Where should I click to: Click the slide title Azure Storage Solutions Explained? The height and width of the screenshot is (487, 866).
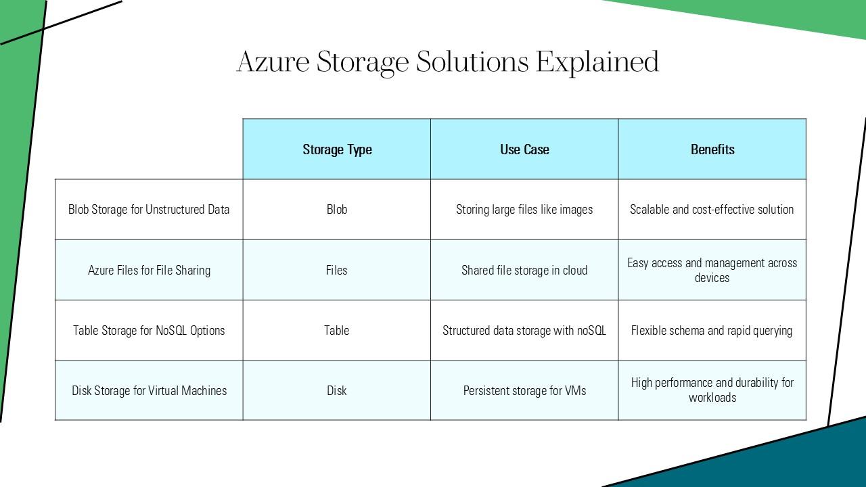tap(447, 62)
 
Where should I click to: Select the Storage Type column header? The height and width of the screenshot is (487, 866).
tap(337, 149)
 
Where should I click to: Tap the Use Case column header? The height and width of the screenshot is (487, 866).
tap(524, 149)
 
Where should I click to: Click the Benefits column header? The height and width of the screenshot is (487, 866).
tap(712, 149)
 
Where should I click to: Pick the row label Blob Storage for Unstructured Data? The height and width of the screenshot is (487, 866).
tap(149, 210)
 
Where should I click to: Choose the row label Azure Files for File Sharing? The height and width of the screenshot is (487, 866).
tap(149, 270)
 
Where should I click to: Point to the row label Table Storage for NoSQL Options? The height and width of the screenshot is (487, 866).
tap(149, 330)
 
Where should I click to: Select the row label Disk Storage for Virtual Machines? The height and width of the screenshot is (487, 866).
tap(149, 390)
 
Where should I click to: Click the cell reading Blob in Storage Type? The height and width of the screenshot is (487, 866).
tap(337, 210)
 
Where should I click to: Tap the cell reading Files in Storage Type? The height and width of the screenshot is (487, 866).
tap(337, 270)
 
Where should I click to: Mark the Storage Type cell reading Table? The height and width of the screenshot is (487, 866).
tap(337, 330)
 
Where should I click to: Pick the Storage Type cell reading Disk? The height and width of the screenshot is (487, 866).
tap(337, 390)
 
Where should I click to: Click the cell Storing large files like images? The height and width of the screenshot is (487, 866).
tap(524, 210)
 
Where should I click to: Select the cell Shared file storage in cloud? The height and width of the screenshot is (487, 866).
tap(524, 270)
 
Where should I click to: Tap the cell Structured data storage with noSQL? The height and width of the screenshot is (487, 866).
tap(524, 330)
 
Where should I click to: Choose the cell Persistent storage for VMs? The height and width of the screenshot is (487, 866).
tap(524, 390)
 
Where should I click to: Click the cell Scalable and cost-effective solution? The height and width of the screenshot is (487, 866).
tap(712, 210)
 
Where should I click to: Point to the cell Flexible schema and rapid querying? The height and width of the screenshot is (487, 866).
tap(712, 330)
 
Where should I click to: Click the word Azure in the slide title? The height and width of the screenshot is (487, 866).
tap(273, 62)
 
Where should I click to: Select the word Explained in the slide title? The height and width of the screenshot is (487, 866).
tap(597, 62)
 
